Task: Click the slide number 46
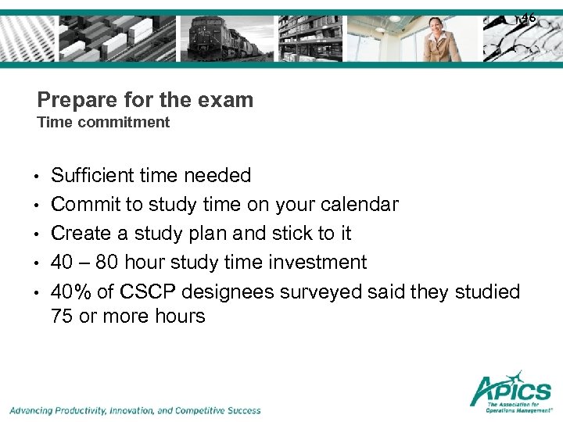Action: point(529,17)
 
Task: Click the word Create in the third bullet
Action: point(79,234)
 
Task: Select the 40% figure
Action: point(71,291)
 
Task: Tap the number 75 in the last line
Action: point(63,316)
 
